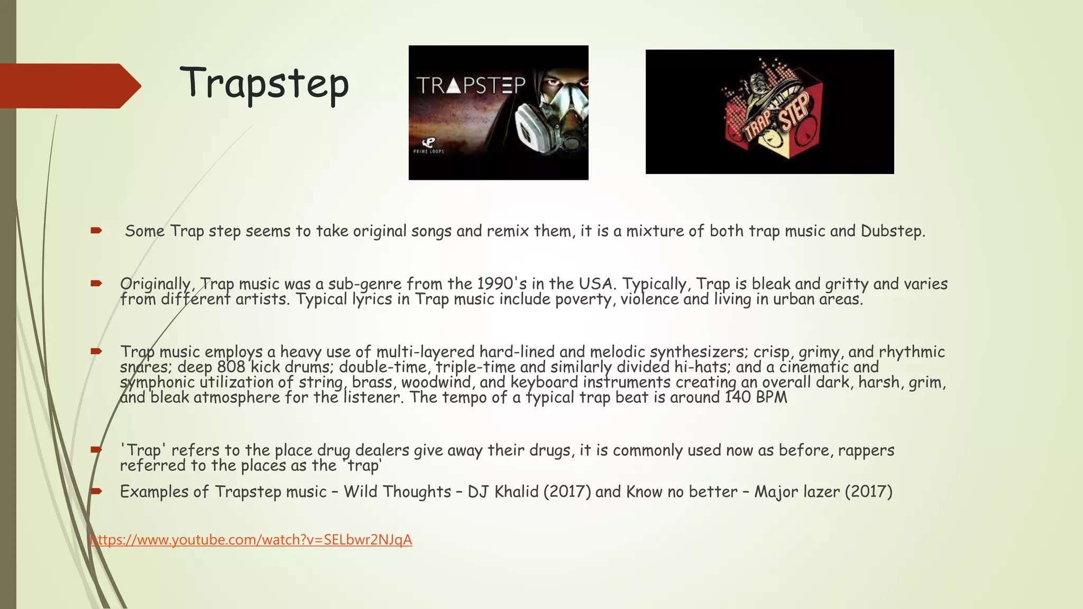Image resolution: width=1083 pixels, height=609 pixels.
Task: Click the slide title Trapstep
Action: (x=264, y=84)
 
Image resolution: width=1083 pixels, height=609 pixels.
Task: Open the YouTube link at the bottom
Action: (x=251, y=540)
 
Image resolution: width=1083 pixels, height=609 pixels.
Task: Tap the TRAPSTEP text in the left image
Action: (x=471, y=85)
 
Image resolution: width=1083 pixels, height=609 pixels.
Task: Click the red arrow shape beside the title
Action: (x=69, y=86)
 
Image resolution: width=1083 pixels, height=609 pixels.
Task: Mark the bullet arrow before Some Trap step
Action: (x=96, y=230)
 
